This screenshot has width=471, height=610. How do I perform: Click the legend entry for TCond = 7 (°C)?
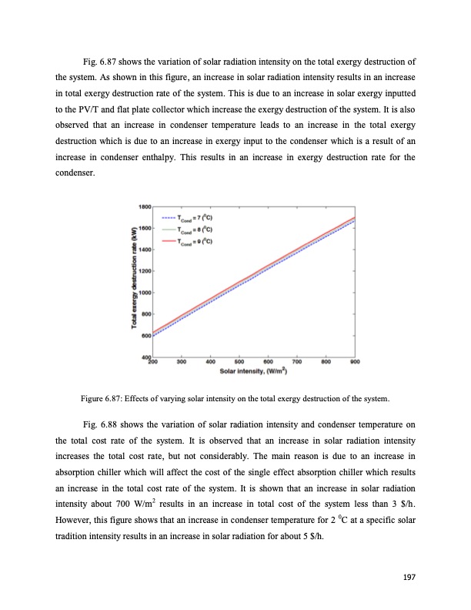click(192, 218)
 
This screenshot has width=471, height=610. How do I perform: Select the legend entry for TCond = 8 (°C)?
click(192, 230)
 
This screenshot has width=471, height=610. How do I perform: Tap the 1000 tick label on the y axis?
click(145, 293)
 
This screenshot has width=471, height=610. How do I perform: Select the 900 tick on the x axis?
click(355, 361)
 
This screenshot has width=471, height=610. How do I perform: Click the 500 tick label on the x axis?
click(239, 361)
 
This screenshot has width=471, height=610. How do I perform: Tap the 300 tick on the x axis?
click(182, 361)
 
